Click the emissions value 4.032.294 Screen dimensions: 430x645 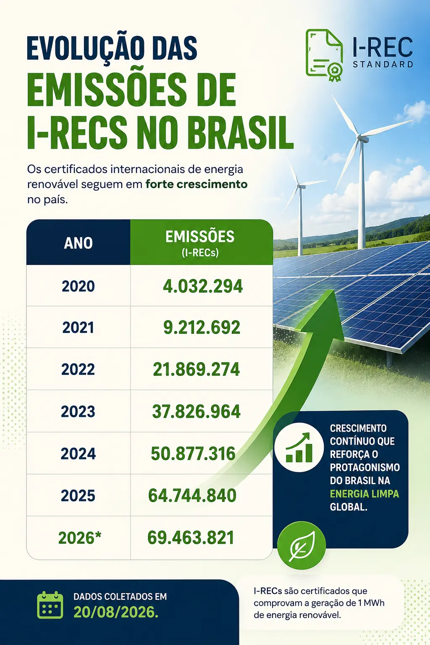pos(203,286)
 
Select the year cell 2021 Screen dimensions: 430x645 pos(78,328)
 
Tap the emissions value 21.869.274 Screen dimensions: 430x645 pos(197,370)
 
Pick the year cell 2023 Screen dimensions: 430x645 pos(78,412)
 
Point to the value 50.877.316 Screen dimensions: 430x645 pos(193,454)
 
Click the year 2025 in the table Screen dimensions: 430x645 pos(78,496)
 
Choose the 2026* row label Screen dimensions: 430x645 pos(80,537)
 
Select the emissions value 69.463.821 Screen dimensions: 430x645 pos(191,537)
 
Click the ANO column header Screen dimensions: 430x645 pos(79,243)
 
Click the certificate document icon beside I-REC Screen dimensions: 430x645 pos(324,55)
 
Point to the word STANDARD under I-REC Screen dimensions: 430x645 pos(383,64)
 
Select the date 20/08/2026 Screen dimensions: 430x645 pos(116,613)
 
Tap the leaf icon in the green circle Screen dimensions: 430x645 pos(302,545)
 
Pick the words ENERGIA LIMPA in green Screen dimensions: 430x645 pos(364,494)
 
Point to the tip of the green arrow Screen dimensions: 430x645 pos(334,290)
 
